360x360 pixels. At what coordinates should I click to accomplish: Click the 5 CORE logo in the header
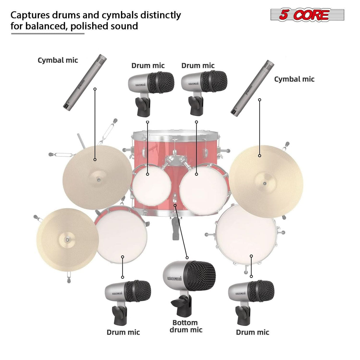point(307,15)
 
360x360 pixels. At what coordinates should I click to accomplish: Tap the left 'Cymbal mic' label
point(58,60)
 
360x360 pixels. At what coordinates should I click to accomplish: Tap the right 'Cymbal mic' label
point(294,79)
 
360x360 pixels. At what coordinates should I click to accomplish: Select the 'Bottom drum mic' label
point(186,326)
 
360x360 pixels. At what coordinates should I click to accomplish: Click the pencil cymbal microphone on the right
point(253,88)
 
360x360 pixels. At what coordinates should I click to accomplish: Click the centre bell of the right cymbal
point(265,183)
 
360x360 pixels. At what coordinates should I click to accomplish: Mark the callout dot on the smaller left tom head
point(148,174)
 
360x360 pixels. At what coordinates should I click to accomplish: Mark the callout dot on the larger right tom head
point(196,174)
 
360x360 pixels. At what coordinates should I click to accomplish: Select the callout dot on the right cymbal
point(260,155)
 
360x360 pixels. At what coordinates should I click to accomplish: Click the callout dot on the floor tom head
point(251,256)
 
